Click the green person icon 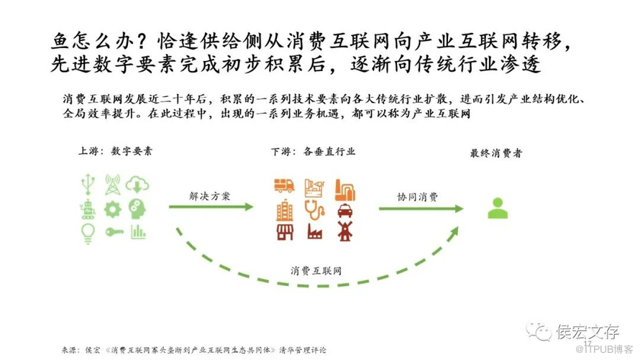[x=497, y=208]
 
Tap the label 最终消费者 [x=496, y=153]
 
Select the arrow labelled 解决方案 [x=211, y=207]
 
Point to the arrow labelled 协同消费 [x=421, y=208]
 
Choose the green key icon [x=113, y=231]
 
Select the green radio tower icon [x=113, y=184]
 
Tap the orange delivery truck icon [x=284, y=185]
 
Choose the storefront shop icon [x=284, y=231]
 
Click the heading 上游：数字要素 [x=115, y=152]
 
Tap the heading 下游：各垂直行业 [x=313, y=152]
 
